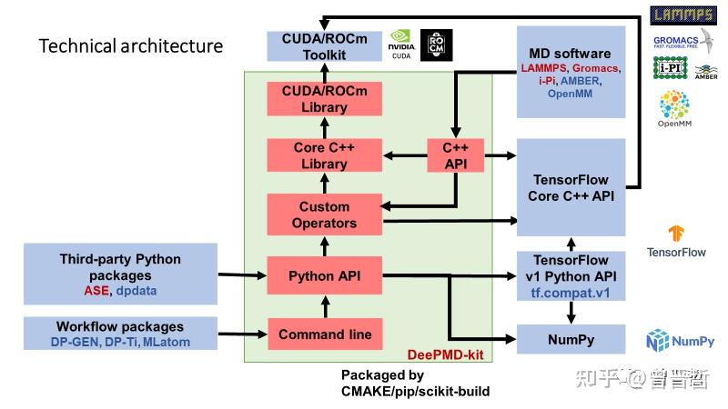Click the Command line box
[x=325, y=334]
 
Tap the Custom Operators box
[x=325, y=215]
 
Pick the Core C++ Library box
[x=325, y=156]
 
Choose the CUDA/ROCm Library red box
[x=325, y=98]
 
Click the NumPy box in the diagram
[x=571, y=339]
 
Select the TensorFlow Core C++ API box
[x=571, y=188]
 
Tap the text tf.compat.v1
[x=571, y=293]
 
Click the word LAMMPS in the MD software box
[x=544, y=68]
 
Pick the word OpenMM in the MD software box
[x=571, y=94]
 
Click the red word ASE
[x=96, y=290]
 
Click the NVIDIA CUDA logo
[x=402, y=45]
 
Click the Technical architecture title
[x=130, y=45]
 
